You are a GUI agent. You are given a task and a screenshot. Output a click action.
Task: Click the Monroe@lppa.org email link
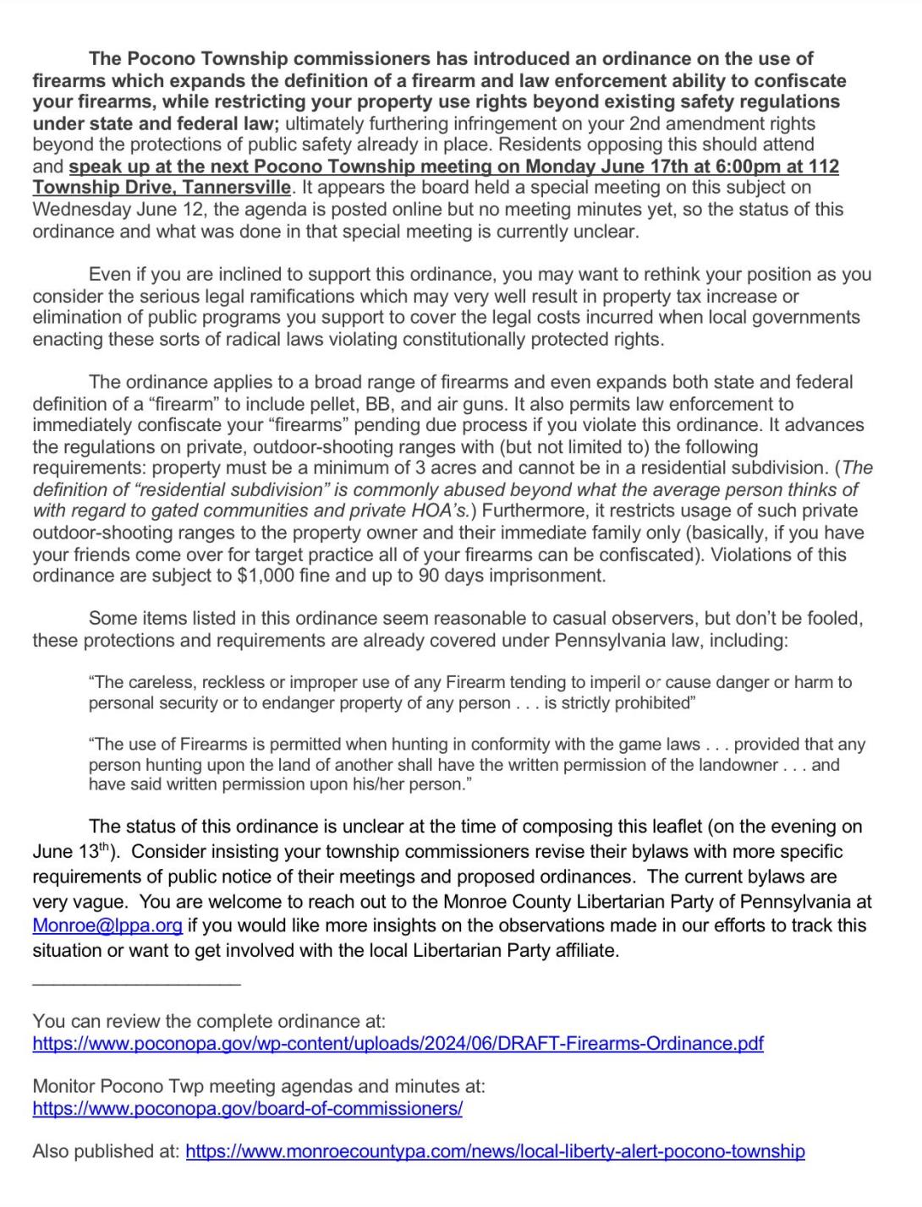pyautogui.click(x=107, y=926)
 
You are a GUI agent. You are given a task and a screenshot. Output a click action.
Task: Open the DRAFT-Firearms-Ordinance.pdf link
pyautogui.click(x=398, y=1044)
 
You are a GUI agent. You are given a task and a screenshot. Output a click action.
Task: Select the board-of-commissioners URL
pyautogui.click(x=247, y=1108)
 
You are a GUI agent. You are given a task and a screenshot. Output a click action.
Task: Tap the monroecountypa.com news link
pyautogui.click(x=495, y=1151)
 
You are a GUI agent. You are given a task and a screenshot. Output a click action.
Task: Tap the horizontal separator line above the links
pyautogui.click(x=136, y=983)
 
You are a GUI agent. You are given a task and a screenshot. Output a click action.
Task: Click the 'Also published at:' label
pyautogui.click(x=106, y=1151)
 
